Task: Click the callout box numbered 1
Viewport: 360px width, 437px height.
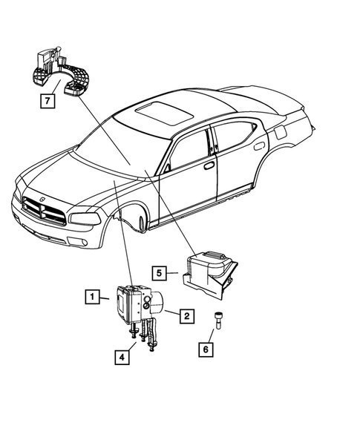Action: tap(91, 298)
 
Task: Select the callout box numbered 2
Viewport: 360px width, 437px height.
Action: tap(186, 316)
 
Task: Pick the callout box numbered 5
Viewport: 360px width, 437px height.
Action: tap(160, 274)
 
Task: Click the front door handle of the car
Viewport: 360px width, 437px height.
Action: tap(209, 165)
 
